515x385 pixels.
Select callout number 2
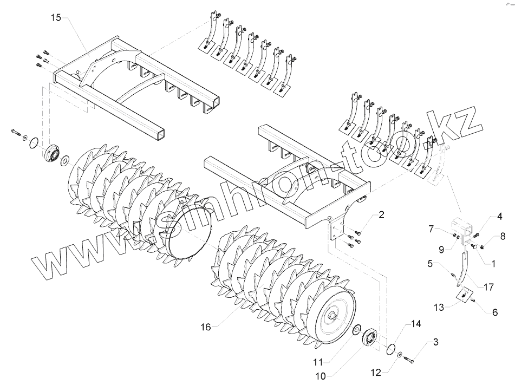pos(381,216)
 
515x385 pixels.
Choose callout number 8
pos(503,236)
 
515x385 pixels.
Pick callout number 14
pos(415,324)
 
